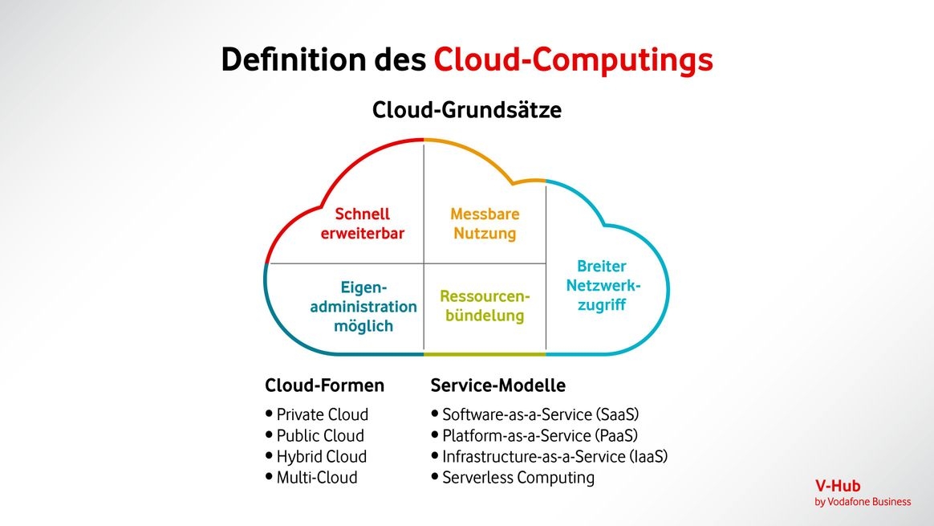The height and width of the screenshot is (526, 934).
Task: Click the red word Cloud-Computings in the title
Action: click(x=573, y=60)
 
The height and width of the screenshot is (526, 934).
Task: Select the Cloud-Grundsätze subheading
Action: click(x=466, y=110)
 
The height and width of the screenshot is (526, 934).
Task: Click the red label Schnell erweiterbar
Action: click(x=362, y=224)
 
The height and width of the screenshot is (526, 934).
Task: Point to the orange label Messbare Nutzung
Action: click(x=485, y=224)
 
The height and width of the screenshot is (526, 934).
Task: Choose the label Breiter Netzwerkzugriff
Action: click(x=601, y=285)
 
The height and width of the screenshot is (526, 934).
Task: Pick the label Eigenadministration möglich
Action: click(x=363, y=306)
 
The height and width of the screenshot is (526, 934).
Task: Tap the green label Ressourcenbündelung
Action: click(x=485, y=306)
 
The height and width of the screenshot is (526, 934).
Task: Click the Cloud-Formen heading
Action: click(x=324, y=385)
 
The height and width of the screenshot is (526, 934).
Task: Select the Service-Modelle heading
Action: click(x=497, y=385)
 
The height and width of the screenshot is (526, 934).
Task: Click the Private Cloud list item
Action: click(x=322, y=415)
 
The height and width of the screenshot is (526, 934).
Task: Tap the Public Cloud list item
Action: click(x=320, y=436)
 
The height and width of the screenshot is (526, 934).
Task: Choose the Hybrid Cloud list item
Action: click(x=321, y=457)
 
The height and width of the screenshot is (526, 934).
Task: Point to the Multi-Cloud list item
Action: click(x=316, y=478)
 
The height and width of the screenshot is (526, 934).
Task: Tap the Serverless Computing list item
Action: click(x=518, y=478)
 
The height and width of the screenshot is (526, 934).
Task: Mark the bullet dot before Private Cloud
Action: click(x=269, y=414)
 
